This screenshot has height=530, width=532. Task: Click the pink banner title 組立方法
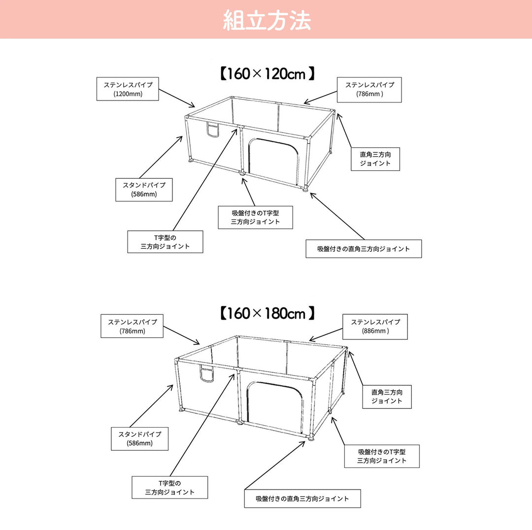tap(266, 20)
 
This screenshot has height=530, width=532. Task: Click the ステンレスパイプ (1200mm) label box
tap(128, 89)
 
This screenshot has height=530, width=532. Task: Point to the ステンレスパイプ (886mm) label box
tap(375, 327)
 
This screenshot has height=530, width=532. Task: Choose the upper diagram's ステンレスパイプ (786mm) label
tap(369, 90)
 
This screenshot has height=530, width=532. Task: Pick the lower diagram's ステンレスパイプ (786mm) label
tap(132, 326)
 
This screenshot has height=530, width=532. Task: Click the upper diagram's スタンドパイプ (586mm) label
tap(144, 190)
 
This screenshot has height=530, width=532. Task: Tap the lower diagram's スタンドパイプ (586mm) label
tap(139, 439)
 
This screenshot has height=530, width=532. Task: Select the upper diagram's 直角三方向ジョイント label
tap(375, 159)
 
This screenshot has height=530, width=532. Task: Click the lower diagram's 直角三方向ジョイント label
tap(387, 397)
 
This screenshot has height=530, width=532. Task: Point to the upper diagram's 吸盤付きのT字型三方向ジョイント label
tap(255, 217)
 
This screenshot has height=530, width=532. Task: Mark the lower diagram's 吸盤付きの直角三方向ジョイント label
tap(302, 498)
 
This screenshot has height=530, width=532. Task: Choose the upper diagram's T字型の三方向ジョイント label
tap(165, 242)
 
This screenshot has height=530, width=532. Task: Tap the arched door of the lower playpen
tap(275, 404)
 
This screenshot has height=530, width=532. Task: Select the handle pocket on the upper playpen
tap(212, 131)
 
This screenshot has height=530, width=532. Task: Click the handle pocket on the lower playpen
tap(207, 374)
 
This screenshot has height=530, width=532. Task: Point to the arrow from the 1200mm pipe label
tap(177, 98)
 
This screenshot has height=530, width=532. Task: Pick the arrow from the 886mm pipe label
tap(326, 334)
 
